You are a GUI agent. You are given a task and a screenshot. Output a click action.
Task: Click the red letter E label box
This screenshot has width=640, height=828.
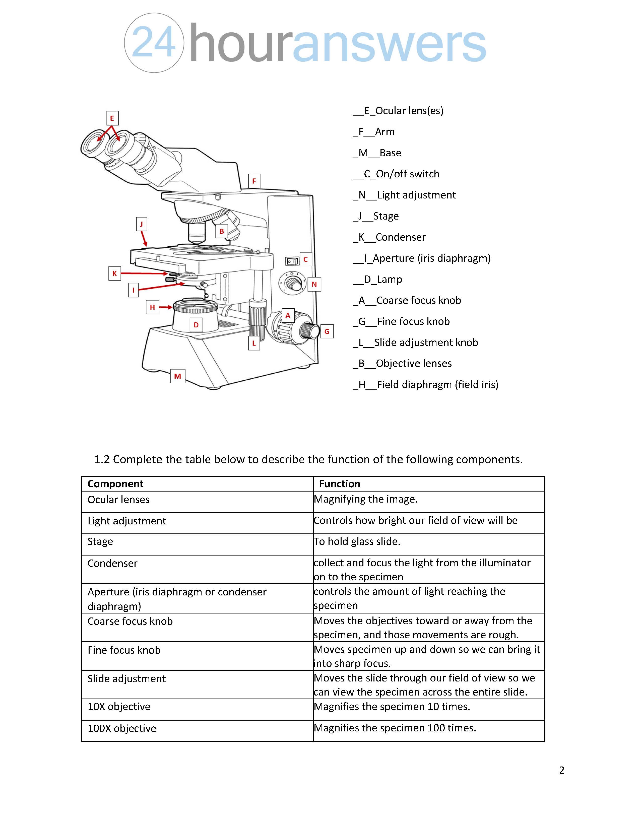pyautogui.click(x=112, y=118)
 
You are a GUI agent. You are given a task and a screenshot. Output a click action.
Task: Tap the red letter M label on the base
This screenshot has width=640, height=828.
pyautogui.click(x=177, y=376)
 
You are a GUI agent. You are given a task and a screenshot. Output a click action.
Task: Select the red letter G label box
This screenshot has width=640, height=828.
pyautogui.click(x=327, y=331)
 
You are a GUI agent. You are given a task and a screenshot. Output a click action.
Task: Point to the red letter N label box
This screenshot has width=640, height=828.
pyautogui.click(x=314, y=284)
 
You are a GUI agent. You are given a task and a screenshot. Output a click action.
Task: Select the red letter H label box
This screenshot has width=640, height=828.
pyautogui.click(x=152, y=307)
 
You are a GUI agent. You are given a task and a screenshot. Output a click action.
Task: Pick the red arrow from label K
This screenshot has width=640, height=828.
pyautogui.click(x=144, y=273)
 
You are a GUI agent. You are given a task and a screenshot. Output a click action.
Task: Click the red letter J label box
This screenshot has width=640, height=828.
pyautogui.click(x=141, y=224)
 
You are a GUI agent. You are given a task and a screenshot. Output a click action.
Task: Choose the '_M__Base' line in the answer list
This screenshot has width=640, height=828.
pyautogui.click(x=377, y=153)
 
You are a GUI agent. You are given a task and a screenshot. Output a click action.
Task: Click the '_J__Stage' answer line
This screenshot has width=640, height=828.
pyautogui.click(x=376, y=216)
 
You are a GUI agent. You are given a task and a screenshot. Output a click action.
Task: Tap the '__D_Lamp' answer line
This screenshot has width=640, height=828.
pyautogui.click(x=377, y=280)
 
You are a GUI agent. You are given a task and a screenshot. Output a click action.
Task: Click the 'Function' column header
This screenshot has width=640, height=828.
pyautogui.click(x=339, y=484)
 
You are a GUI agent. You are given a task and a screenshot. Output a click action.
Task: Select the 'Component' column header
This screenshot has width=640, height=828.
pyautogui.click(x=115, y=484)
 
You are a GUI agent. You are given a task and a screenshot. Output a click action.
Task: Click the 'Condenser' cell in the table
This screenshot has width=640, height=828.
pyautogui.click(x=113, y=563)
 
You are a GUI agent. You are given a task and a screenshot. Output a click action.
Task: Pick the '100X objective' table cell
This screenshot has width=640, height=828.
pyautogui.click(x=122, y=728)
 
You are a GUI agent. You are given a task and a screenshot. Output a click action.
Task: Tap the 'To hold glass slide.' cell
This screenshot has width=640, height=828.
pyautogui.click(x=357, y=541)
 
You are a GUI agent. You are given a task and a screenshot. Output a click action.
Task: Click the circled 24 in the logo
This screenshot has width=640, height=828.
pyautogui.click(x=154, y=43)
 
